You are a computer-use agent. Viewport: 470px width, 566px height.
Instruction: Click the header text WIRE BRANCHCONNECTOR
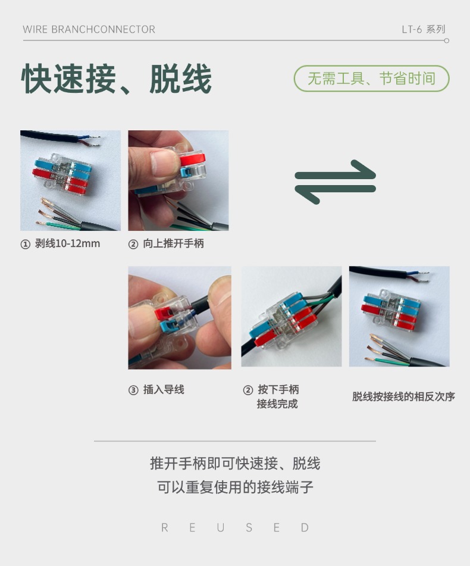pos(89,29)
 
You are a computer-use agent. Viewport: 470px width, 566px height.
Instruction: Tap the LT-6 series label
pos(423,29)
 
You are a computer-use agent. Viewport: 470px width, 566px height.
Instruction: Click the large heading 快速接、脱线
pos(117,79)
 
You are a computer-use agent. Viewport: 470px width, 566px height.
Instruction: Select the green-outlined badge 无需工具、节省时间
pos(371,79)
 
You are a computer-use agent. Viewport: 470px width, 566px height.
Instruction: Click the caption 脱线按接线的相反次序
pos(403,396)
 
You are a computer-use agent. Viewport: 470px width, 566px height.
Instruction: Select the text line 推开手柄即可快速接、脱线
pos(235,464)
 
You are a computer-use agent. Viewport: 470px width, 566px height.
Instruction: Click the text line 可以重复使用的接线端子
pos(235,487)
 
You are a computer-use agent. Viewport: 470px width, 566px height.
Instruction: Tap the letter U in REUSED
pos(221,527)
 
